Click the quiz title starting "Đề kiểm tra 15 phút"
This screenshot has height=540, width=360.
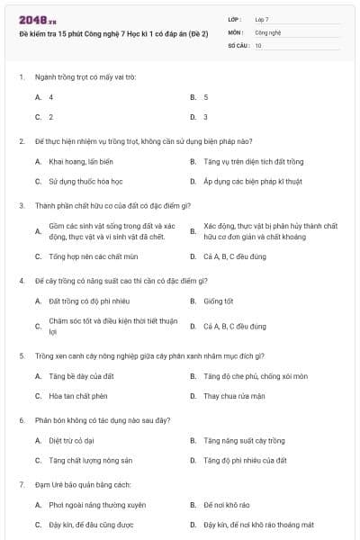coord(113,33)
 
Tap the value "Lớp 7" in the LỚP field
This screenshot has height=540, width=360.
coord(262,19)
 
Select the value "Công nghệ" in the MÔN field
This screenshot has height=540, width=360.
coord(268,31)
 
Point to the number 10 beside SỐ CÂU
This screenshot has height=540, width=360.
coord(258,44)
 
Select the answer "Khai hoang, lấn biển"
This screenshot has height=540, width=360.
coord(81,162)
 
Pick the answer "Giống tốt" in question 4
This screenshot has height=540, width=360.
coord(219,301)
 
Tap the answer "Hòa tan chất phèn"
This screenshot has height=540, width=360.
coord(78,396)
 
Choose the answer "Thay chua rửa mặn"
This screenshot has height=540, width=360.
coord(234,396)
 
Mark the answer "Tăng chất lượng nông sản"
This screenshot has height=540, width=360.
coord(91,461)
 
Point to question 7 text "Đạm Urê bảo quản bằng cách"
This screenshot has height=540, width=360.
coord(84,484)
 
